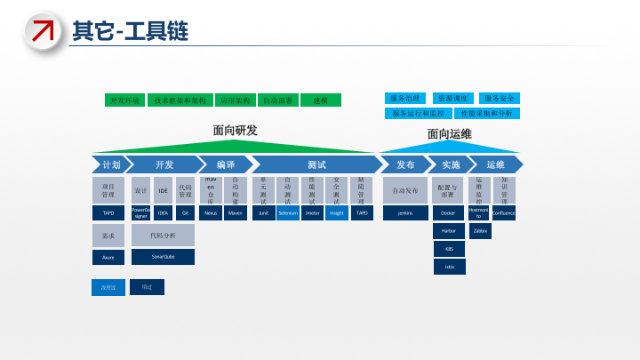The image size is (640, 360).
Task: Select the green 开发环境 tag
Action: pyautogui.click(x=124, y=100)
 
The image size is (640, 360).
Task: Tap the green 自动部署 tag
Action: pyautogui.click(x=277, y=100)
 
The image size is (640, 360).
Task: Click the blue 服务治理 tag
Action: pyautogui.click(x=405, y=98)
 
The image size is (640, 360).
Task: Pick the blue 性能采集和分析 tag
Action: pyautogui.click(x=486, y=113)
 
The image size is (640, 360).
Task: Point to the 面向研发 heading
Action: pyautogui.click(x=235, y=131)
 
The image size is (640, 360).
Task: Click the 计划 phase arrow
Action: pyautogui.click(x=108, y=164)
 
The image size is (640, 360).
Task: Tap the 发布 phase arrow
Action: pyautogui.click(x=404, y=164)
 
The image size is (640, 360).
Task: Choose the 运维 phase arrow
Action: pyautogui.click(x=494, y=164)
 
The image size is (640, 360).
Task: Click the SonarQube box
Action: pyautogui.click(x=163, y=256)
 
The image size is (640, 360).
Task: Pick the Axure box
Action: pyautogui.click(x=108, y=256)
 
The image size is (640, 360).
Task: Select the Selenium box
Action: pyautogui.click(x=288, y=213)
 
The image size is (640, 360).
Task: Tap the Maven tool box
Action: pyautogui.click(x=236, y=213)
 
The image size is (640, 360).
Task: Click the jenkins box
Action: pyautogui.click(x=405, y=213)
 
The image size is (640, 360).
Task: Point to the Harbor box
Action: pyautogui.click(x=449, y=230)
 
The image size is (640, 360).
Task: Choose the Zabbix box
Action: pyautogui.click(x=480, y=230)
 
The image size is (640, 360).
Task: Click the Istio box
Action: pyautogui.click(x=449, y=266)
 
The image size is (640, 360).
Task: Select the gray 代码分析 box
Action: pyautogui.click(x=163, y=235)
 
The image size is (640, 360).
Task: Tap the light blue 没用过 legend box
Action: pyautogui.click(x=108, y=287)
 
